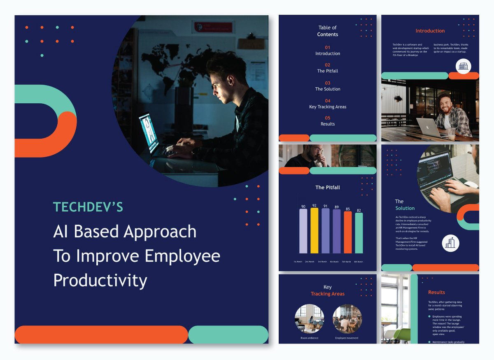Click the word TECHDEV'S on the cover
pos(88,207)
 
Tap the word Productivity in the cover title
pos(100,281)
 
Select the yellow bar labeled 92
pos(314,230)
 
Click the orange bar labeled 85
pos(348,232)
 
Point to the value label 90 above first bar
pos(303,207)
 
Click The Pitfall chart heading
pos(328,188)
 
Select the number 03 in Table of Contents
pos(327,83)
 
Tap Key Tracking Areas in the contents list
pos(328,107)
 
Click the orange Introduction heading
pos(430,31)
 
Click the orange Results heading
pos(436,293)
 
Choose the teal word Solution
pos(405,208)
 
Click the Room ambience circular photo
pos(309,319)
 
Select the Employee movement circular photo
pos(347,319)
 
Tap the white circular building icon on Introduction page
pos(464,66)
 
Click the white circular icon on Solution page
pos(450,243)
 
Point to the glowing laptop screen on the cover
pos(149,134)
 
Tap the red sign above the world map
pos(212,28)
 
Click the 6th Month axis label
pos(359,262)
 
